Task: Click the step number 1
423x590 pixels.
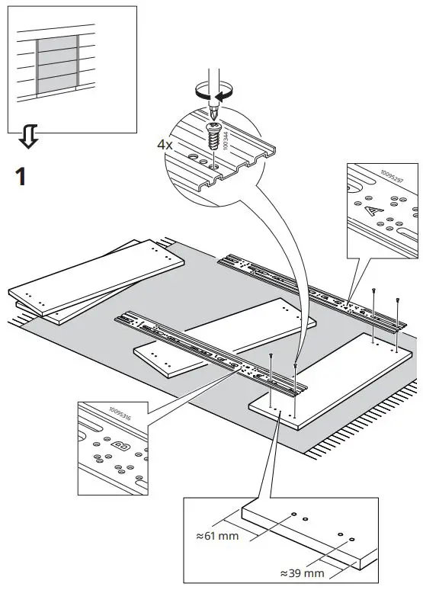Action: click(x=21, y=177)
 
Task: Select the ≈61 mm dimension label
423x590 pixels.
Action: click(x=218, y=536)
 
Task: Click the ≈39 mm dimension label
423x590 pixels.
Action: click(x=303, y=572)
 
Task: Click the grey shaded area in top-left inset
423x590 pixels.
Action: click(x=57, y=63)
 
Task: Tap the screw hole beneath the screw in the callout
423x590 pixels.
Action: click(x=216, y=163)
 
